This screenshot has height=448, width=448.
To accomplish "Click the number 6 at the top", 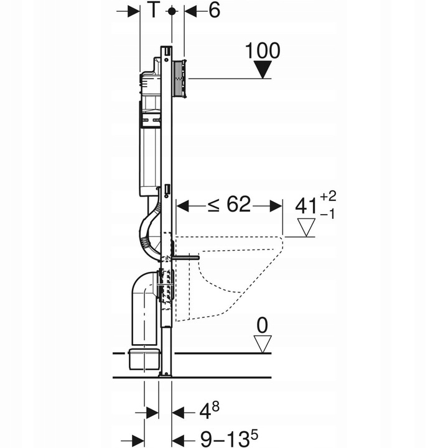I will tap(213, 11).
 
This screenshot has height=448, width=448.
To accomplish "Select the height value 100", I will tap(263, 50).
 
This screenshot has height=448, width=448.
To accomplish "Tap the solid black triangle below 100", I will tap(264, 70).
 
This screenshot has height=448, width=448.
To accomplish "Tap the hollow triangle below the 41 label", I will tap(306, 227).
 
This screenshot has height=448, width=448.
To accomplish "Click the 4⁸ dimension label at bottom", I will tap(208, 411).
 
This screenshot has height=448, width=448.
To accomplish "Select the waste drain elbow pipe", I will tap(142, 305).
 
